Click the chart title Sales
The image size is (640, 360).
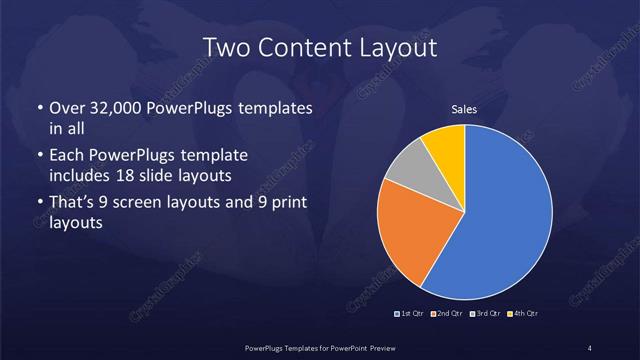(464, 110)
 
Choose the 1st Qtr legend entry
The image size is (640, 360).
(410, 314)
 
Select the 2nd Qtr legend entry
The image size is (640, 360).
(447, 314)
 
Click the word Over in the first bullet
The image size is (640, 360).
(66, 108)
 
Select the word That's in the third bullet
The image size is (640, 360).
(72, 204)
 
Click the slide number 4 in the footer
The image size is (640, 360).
(590, 347)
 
